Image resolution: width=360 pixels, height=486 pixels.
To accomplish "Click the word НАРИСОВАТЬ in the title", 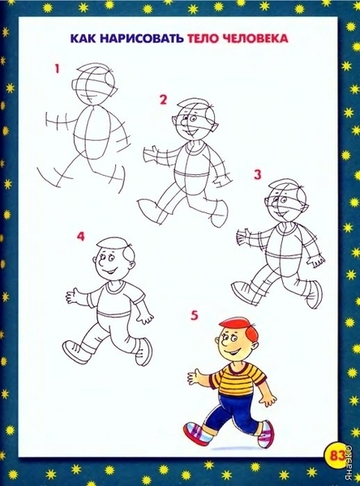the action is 143,38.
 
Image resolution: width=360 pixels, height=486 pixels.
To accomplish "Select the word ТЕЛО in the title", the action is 204,38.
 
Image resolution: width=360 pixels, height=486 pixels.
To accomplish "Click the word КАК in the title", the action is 84,38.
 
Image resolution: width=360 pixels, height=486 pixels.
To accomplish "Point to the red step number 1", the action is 57,69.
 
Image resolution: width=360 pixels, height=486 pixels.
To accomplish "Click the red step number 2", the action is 163,100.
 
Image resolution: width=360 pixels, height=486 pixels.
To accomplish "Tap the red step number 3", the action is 257,174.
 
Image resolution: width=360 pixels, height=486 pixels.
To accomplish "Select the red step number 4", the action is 80,237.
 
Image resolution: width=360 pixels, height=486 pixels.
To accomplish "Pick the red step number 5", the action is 195,316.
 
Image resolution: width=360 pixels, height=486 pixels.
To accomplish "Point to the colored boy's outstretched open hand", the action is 196,377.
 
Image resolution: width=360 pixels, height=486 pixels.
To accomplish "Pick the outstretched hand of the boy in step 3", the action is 243,237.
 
